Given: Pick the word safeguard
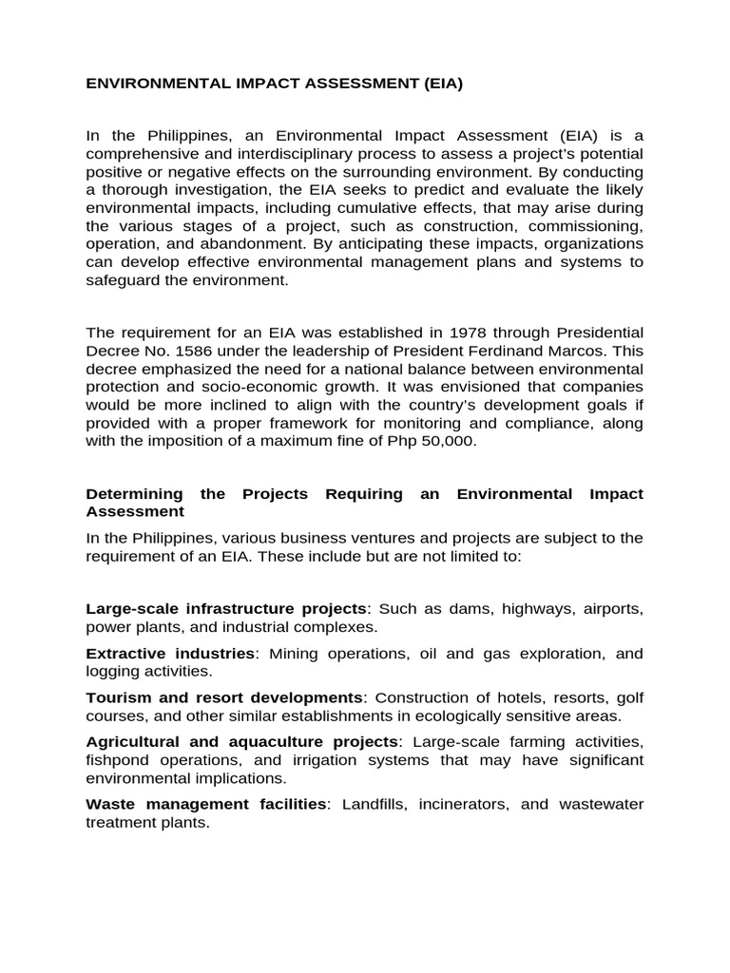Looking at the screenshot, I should point(126,279).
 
